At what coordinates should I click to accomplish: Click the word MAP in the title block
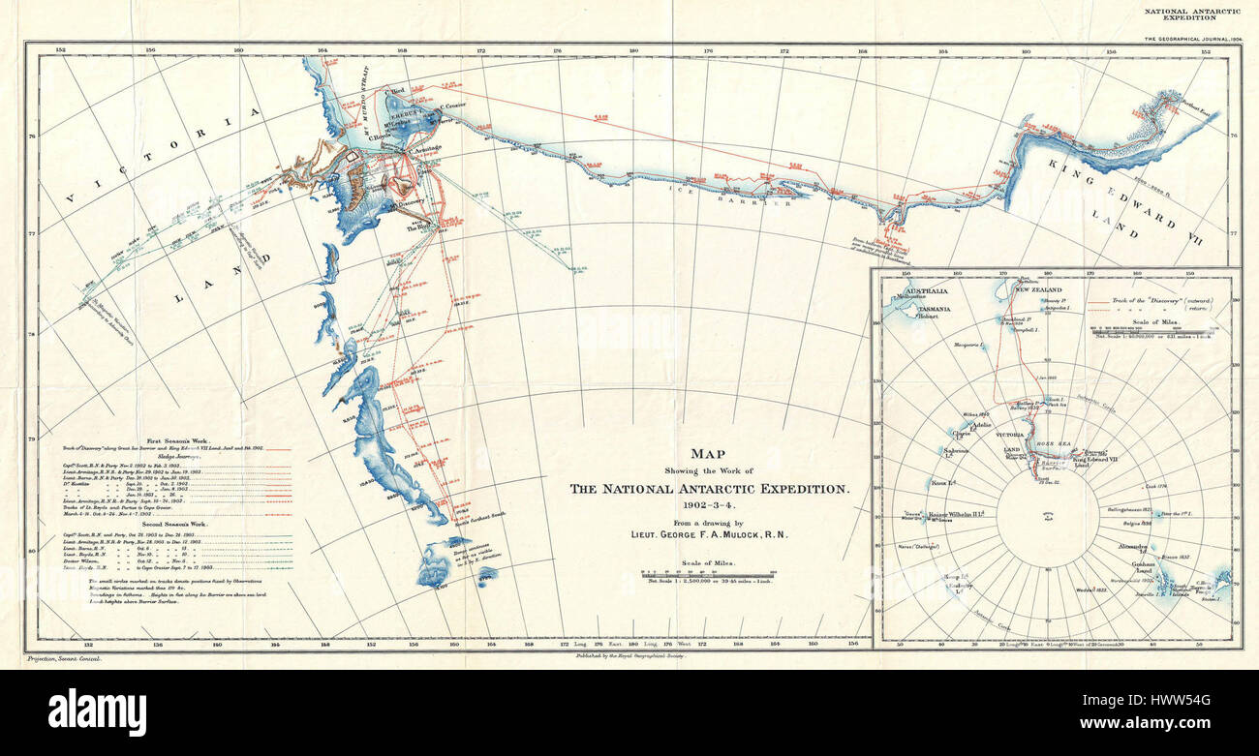711,453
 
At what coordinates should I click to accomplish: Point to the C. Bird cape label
396,90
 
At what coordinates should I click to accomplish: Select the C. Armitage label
425,148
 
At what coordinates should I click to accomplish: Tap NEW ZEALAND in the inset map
1039,289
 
